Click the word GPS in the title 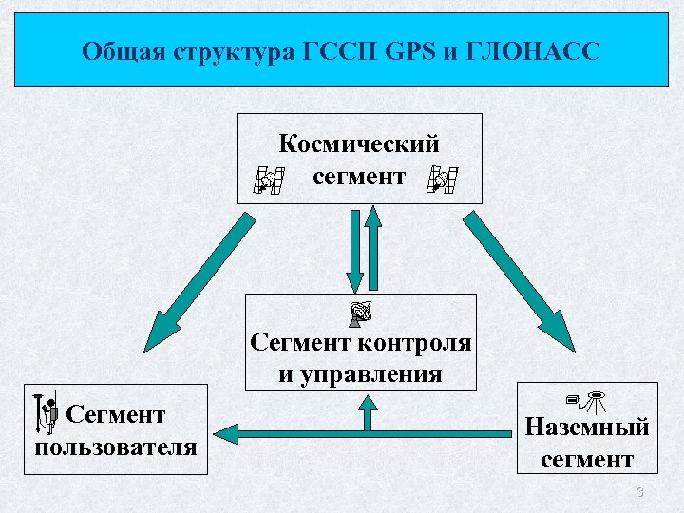(x=410, y=50)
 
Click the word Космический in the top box (x=359, y=144)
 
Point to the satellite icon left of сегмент (x=269, y=179)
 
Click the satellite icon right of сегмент (x=442, y=179)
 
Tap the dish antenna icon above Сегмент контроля (x=359, y=313)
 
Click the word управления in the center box (x=360, y=372)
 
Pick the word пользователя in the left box (x=116, y=446)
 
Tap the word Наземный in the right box (x=587, y=427)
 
